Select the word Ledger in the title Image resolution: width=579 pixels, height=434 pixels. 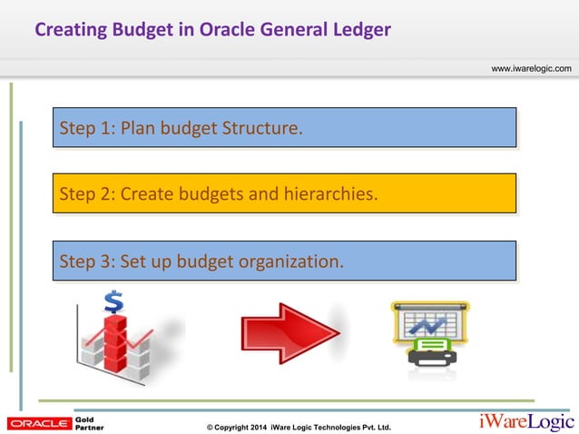click(x=360, y=30)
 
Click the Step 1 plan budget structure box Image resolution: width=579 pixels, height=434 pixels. click(x=284, y=128)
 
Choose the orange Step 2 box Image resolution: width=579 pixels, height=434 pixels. click(x=284, y=194)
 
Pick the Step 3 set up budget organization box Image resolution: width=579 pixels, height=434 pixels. click(x=284, y=261)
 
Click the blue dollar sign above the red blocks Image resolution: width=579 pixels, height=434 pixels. click(x=114, y=301)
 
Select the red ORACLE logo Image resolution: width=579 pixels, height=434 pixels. click(x=37, y=423)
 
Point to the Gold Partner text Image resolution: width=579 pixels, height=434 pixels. click(x=89, y=423)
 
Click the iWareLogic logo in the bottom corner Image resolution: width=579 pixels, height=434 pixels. click(x=525, y=422)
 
